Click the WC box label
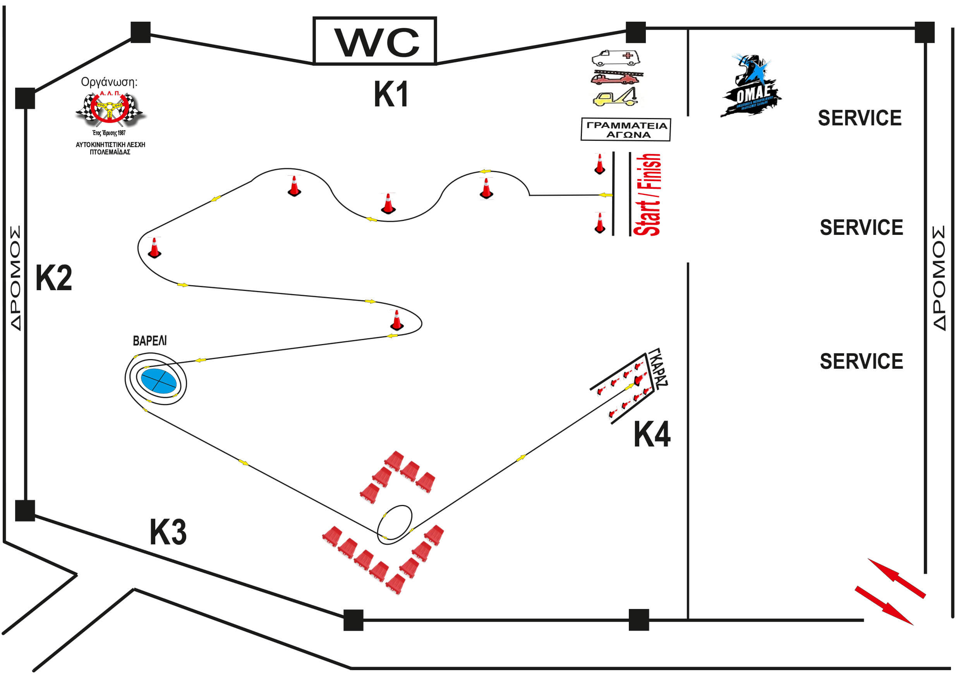point(374,41)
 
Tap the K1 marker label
point(391,94)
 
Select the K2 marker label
point(53,277)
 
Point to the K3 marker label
point(168,532)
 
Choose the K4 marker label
point(652,435)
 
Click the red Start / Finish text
point(647,195)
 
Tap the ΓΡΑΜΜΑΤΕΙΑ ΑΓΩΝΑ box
point(626,130)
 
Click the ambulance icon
point(616,58)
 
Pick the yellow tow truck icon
point(616,98)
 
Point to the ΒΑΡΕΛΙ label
point(149,341)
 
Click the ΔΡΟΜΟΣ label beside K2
point(15,278)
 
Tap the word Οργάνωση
point(109,82)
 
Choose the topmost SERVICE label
point(860,118)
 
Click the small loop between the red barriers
point(394,524)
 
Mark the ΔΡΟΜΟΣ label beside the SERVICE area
point(939,278)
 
